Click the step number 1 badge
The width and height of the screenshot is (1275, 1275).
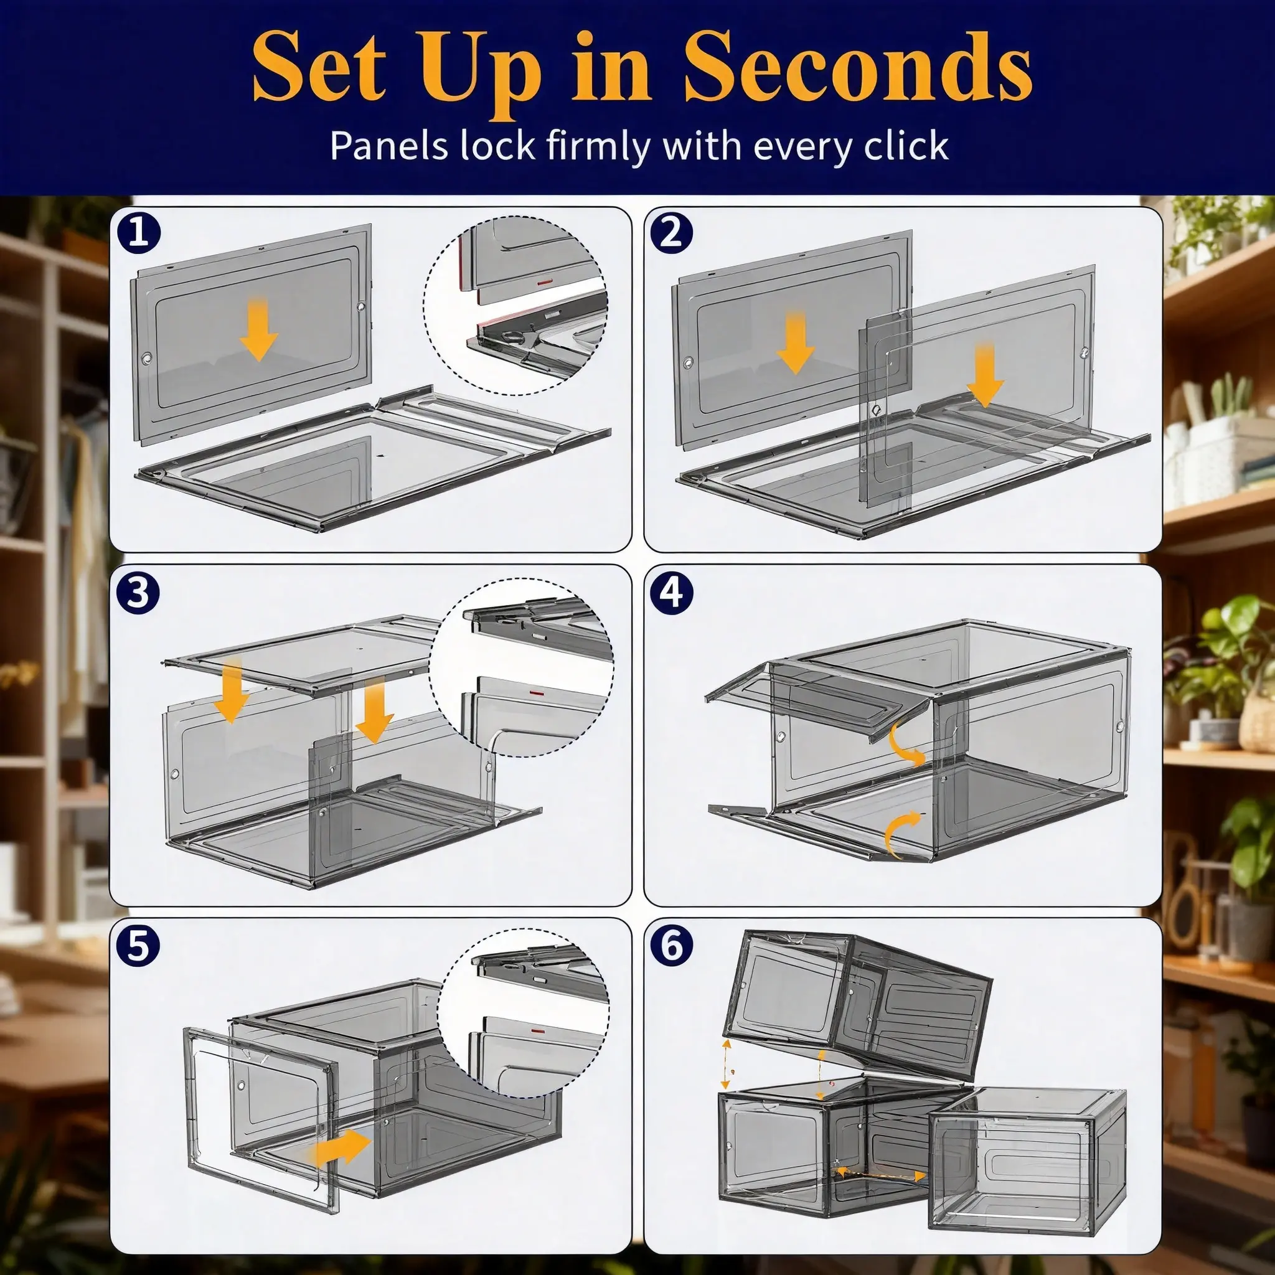(139, 235)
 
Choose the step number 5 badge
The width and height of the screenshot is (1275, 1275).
(139, 948)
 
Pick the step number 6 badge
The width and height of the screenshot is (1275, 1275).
(672, 948)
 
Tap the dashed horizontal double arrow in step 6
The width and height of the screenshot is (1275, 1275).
(882, 1173)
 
